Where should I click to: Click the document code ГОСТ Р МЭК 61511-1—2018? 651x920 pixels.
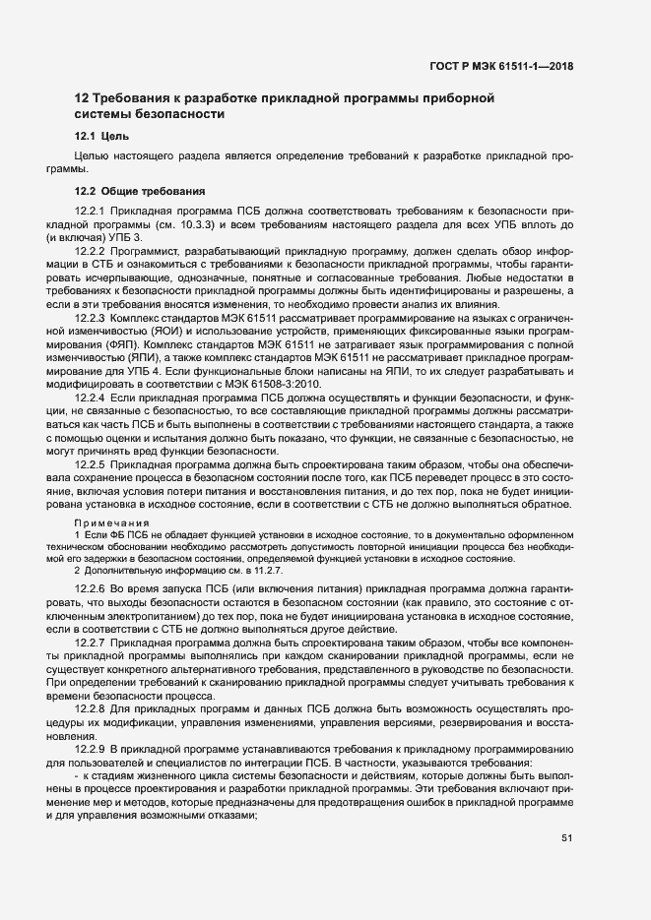point(502,68)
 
